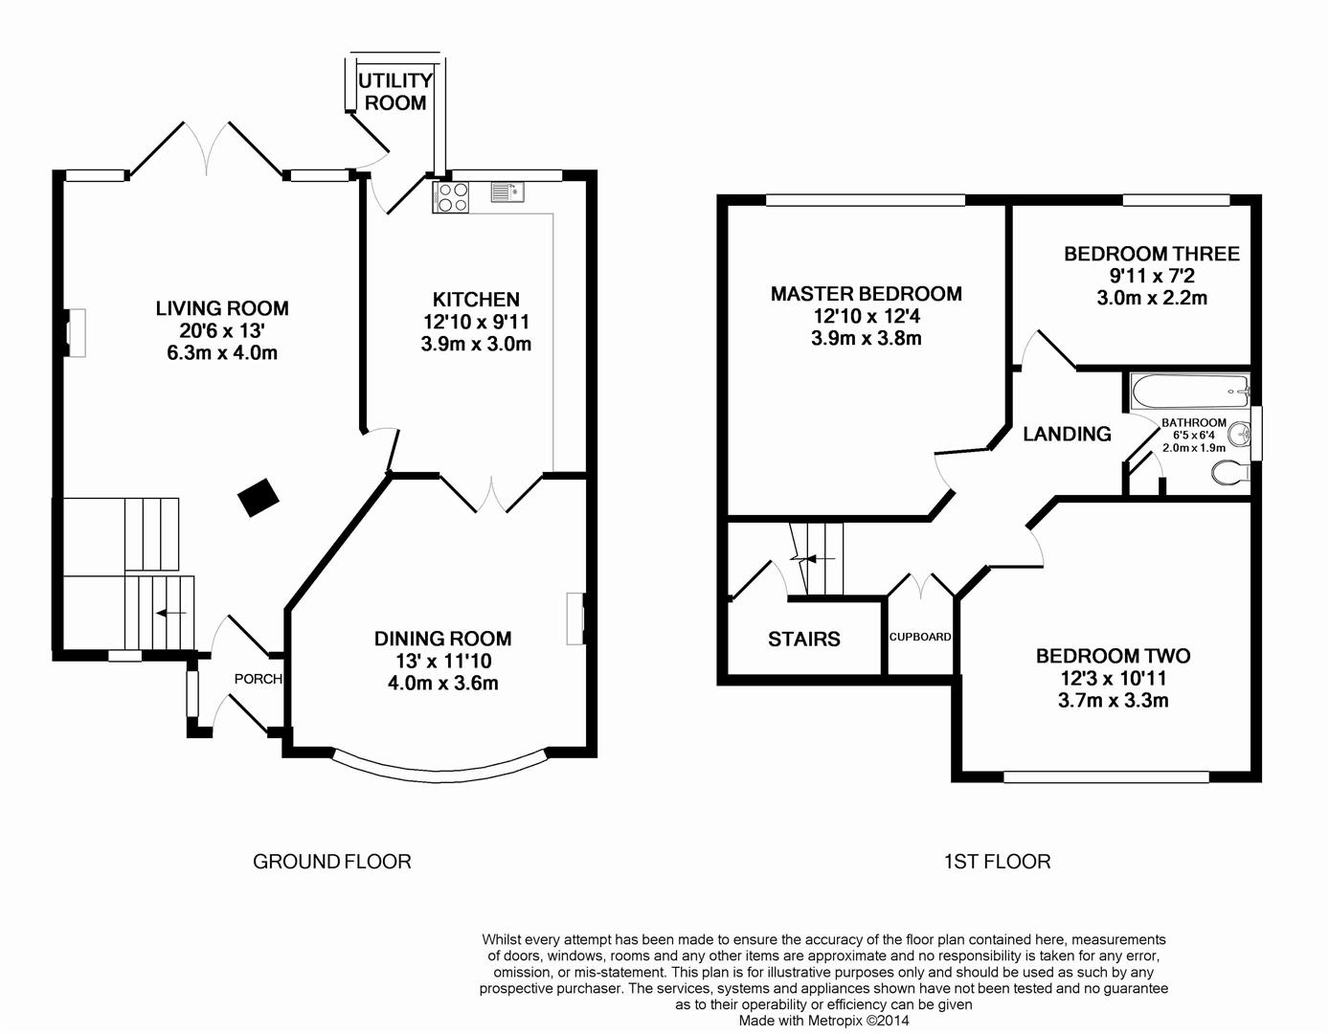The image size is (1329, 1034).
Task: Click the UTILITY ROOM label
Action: pyautogui.click(x=395, y=92)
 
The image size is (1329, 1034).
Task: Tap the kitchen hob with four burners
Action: pyautogui.click(x=452, y=196)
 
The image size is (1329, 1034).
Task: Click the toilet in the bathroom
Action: pyautogui.click(x=1229, y=472)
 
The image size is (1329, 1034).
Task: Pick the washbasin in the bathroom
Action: pyautogui.click(x=1242, y=433)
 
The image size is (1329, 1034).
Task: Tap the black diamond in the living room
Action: pyautogui.click(x=259, y=497)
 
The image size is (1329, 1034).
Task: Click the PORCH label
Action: pyautogui.click(x=259, y=679)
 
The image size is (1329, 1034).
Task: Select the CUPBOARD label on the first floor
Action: pyautogui.click(x=920, y=637)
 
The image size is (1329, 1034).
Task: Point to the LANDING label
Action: pyautogui.click(x=1067, y=434)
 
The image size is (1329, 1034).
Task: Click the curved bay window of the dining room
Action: pyautogui.click(x=440, y=763)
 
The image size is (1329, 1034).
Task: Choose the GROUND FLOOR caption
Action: pyautogui.click(x=331, y=862)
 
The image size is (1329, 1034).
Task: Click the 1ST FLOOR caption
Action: pyautogui.click(x=997, y=862)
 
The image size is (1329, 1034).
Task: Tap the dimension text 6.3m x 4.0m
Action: pyautogui.click(x=222, y=352)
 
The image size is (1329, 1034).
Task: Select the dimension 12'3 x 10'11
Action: pyautogui.click(x=1113, y=678)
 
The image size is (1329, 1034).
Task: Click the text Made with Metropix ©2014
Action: pyautogui.click(x=823, y=1021)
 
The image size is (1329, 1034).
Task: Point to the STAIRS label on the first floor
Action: pyautogui.click(x=803, y=639)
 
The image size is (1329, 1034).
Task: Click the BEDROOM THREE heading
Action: pyautogui.click(x=1151, y=254)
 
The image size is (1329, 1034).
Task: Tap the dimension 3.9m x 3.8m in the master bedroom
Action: pyautogui.click(x=866, y=338)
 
